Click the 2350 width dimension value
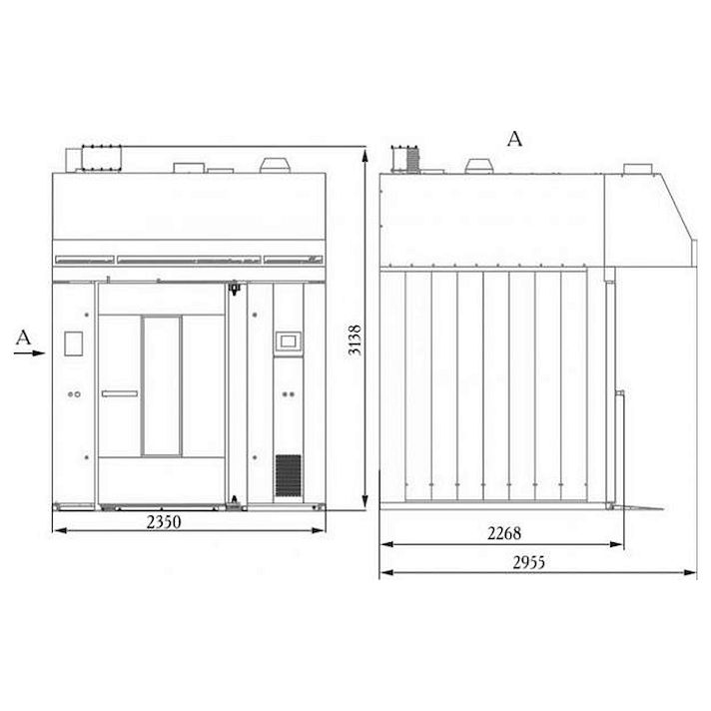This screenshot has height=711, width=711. click(x=164, y=522)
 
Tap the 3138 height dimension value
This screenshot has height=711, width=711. click(x=355, y=340)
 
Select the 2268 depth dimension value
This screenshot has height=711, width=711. click(x=504, y=533)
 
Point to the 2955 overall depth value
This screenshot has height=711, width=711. click(x=528, y=562)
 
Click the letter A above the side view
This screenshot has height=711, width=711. click(x=514, y=139)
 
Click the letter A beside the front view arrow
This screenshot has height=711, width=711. click(x=23, y=338)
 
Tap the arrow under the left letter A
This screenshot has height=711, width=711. click(x=30, y=353)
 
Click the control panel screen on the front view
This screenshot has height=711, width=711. click(x=288, y=341)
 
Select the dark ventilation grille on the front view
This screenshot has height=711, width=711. click(x=288, y=475)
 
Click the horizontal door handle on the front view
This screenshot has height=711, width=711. click(x=120, y=393)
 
